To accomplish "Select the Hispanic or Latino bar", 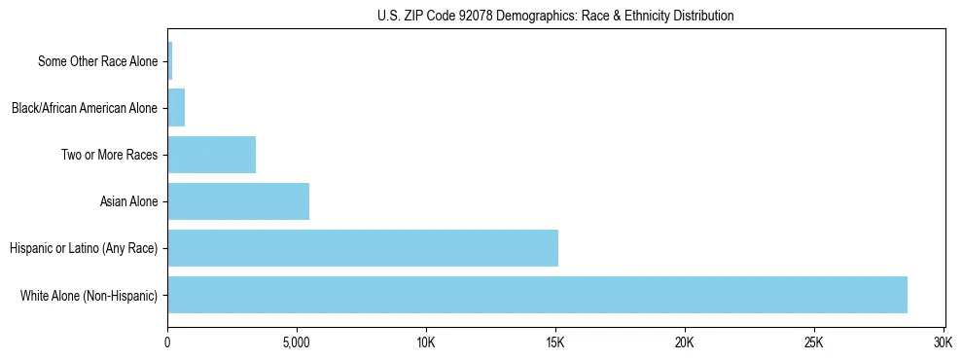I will (x=363, y=248).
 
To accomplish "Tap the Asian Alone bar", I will (x=238, y=201).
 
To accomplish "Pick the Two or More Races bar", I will (x=211, y=155).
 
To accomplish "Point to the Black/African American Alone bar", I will (x=176, y=108).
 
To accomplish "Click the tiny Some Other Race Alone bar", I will (x=170, y=61).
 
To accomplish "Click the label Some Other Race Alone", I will (x=97, y=61).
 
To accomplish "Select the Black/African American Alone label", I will (x=84, y=108).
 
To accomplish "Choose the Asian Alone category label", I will (x=128, y=201).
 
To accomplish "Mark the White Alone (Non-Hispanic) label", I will (x=89, y=295).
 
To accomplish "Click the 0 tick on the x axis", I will (x=167, y=342).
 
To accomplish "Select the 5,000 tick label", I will (x=297, y=342).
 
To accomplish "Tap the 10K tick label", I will (x=426, y=342).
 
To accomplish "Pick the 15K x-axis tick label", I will (x=555, y=342).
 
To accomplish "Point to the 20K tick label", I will (x=685, y=342).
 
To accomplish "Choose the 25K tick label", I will (x=814, y=342).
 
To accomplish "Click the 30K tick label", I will (x=943, y=342).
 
